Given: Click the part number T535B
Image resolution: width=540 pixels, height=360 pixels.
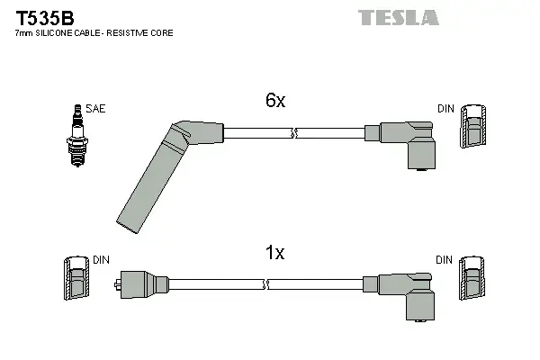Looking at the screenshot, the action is [45, 18].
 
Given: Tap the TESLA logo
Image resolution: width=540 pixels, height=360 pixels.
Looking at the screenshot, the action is [399, 18].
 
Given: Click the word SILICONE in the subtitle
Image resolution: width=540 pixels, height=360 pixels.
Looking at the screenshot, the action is [54, 33].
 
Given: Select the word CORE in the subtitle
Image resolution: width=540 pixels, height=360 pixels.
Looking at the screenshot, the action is [162, 33].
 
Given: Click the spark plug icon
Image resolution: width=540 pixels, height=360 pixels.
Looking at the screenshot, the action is [77, 136].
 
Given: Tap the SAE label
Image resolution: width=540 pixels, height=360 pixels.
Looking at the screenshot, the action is [95, 109].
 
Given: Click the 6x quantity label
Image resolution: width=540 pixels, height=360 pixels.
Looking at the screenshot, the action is [275, 100].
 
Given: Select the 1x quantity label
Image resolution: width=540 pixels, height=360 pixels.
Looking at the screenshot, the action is [274, 253].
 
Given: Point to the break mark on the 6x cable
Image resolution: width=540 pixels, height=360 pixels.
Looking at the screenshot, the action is [294, 133].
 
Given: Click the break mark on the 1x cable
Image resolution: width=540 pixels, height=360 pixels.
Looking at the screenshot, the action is [265, 284].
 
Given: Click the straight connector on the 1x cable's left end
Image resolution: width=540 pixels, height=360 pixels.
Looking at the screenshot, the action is [141, 284].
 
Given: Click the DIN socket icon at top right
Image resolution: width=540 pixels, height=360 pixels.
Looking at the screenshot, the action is [473, 126].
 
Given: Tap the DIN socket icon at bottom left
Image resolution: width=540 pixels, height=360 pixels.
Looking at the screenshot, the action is [76, 278].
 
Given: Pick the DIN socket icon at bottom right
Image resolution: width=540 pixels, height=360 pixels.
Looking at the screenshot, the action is [472, 278].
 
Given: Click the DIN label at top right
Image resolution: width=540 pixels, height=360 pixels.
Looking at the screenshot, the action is [446, 109].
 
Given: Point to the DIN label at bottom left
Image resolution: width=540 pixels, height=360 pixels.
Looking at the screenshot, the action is [101, 260].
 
